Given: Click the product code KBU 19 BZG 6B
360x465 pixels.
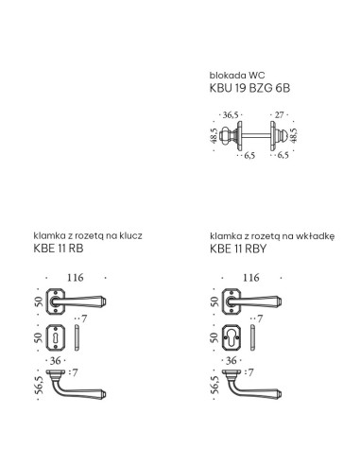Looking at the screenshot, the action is point(249,88).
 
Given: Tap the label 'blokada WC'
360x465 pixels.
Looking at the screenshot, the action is point(237,76).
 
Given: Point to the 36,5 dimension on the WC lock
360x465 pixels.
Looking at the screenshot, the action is point(231,115).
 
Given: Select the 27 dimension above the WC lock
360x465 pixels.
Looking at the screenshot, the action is point(279,115).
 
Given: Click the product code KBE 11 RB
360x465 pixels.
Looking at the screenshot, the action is point(59,249).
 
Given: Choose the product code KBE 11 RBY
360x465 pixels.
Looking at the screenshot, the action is point(238,249).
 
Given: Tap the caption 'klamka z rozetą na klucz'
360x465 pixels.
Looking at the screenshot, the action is point(88,235).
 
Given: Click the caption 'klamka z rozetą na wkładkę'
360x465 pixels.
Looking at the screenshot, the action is point(272,236).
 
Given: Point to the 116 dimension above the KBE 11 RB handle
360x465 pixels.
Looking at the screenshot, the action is point(76,278).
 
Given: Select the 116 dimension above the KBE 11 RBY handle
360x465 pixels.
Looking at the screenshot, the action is point(251,278).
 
